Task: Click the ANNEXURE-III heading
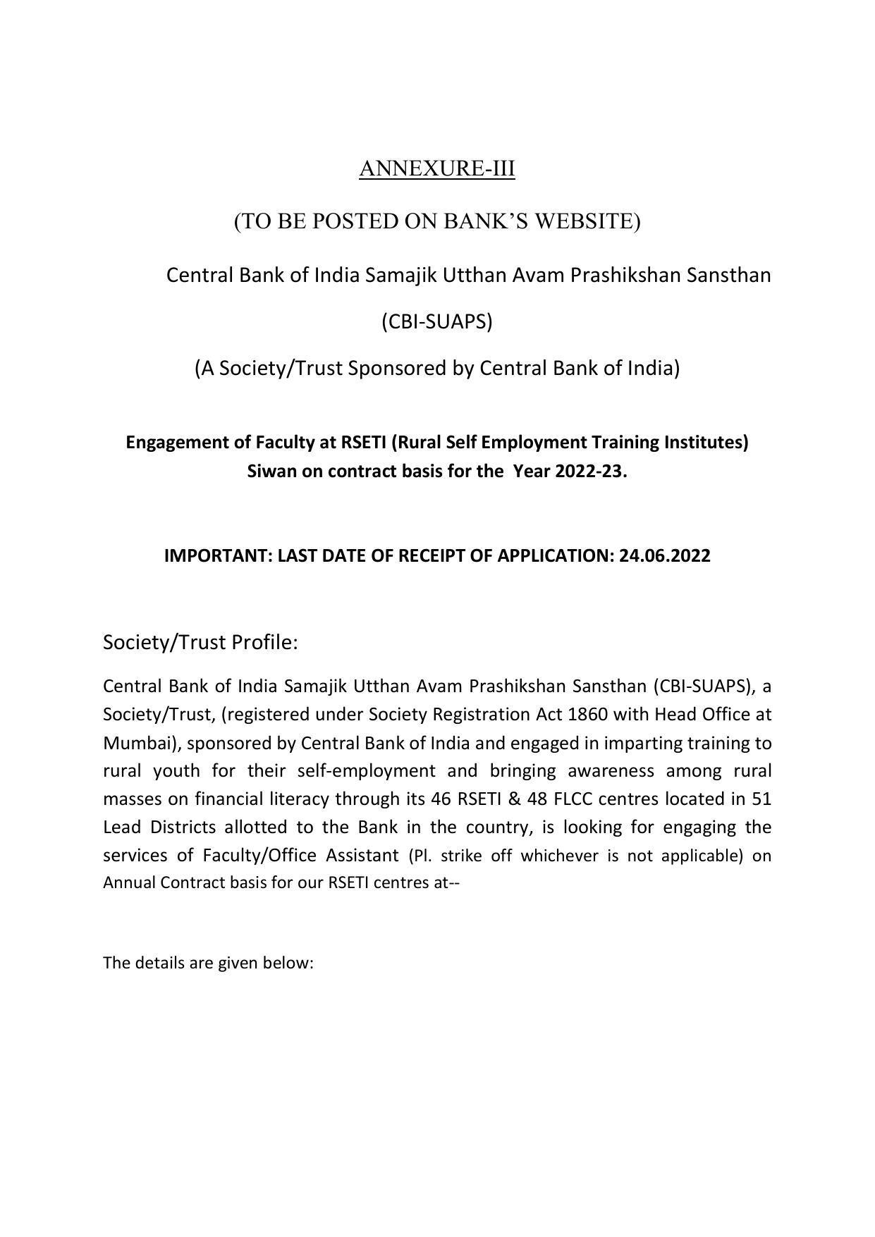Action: click(x=436, y=169)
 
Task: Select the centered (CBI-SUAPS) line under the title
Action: click(x=436, y=321)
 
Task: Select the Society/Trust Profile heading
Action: click(x=200, y=642)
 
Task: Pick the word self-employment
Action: click(x=366, y=770)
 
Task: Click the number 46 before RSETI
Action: click(x=441, y=799)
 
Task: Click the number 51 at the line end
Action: click(x=761, y=799)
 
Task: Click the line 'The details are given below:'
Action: click(x=208, y=963)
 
